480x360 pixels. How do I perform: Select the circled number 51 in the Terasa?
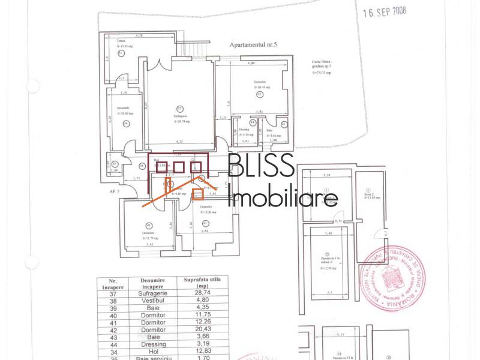coord(121,53)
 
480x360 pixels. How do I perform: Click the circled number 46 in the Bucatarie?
coord(126,124)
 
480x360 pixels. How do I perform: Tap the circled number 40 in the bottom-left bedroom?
coord(148,226)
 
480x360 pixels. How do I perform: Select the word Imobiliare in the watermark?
coord(284,197)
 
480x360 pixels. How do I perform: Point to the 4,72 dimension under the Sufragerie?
coord(179,142)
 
